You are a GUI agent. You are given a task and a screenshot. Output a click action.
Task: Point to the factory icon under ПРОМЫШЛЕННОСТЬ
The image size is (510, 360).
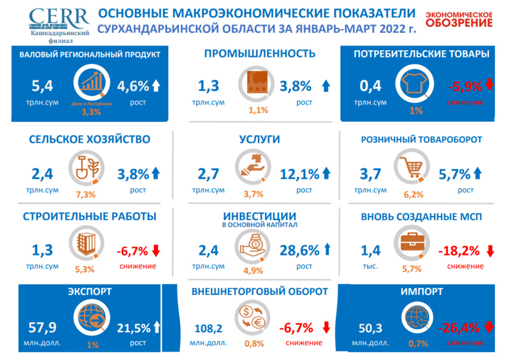(x=255, y=85)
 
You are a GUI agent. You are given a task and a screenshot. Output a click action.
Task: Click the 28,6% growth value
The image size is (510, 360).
(x=300, y=250)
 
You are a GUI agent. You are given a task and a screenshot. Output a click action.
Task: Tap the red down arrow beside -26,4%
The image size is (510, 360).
(x=489, y=327)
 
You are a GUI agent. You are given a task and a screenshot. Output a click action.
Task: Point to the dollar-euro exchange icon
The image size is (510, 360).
(x=254, y=317)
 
